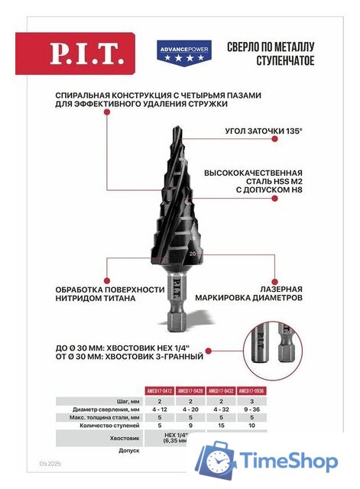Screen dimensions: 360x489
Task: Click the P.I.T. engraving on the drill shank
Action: pos(174,293)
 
